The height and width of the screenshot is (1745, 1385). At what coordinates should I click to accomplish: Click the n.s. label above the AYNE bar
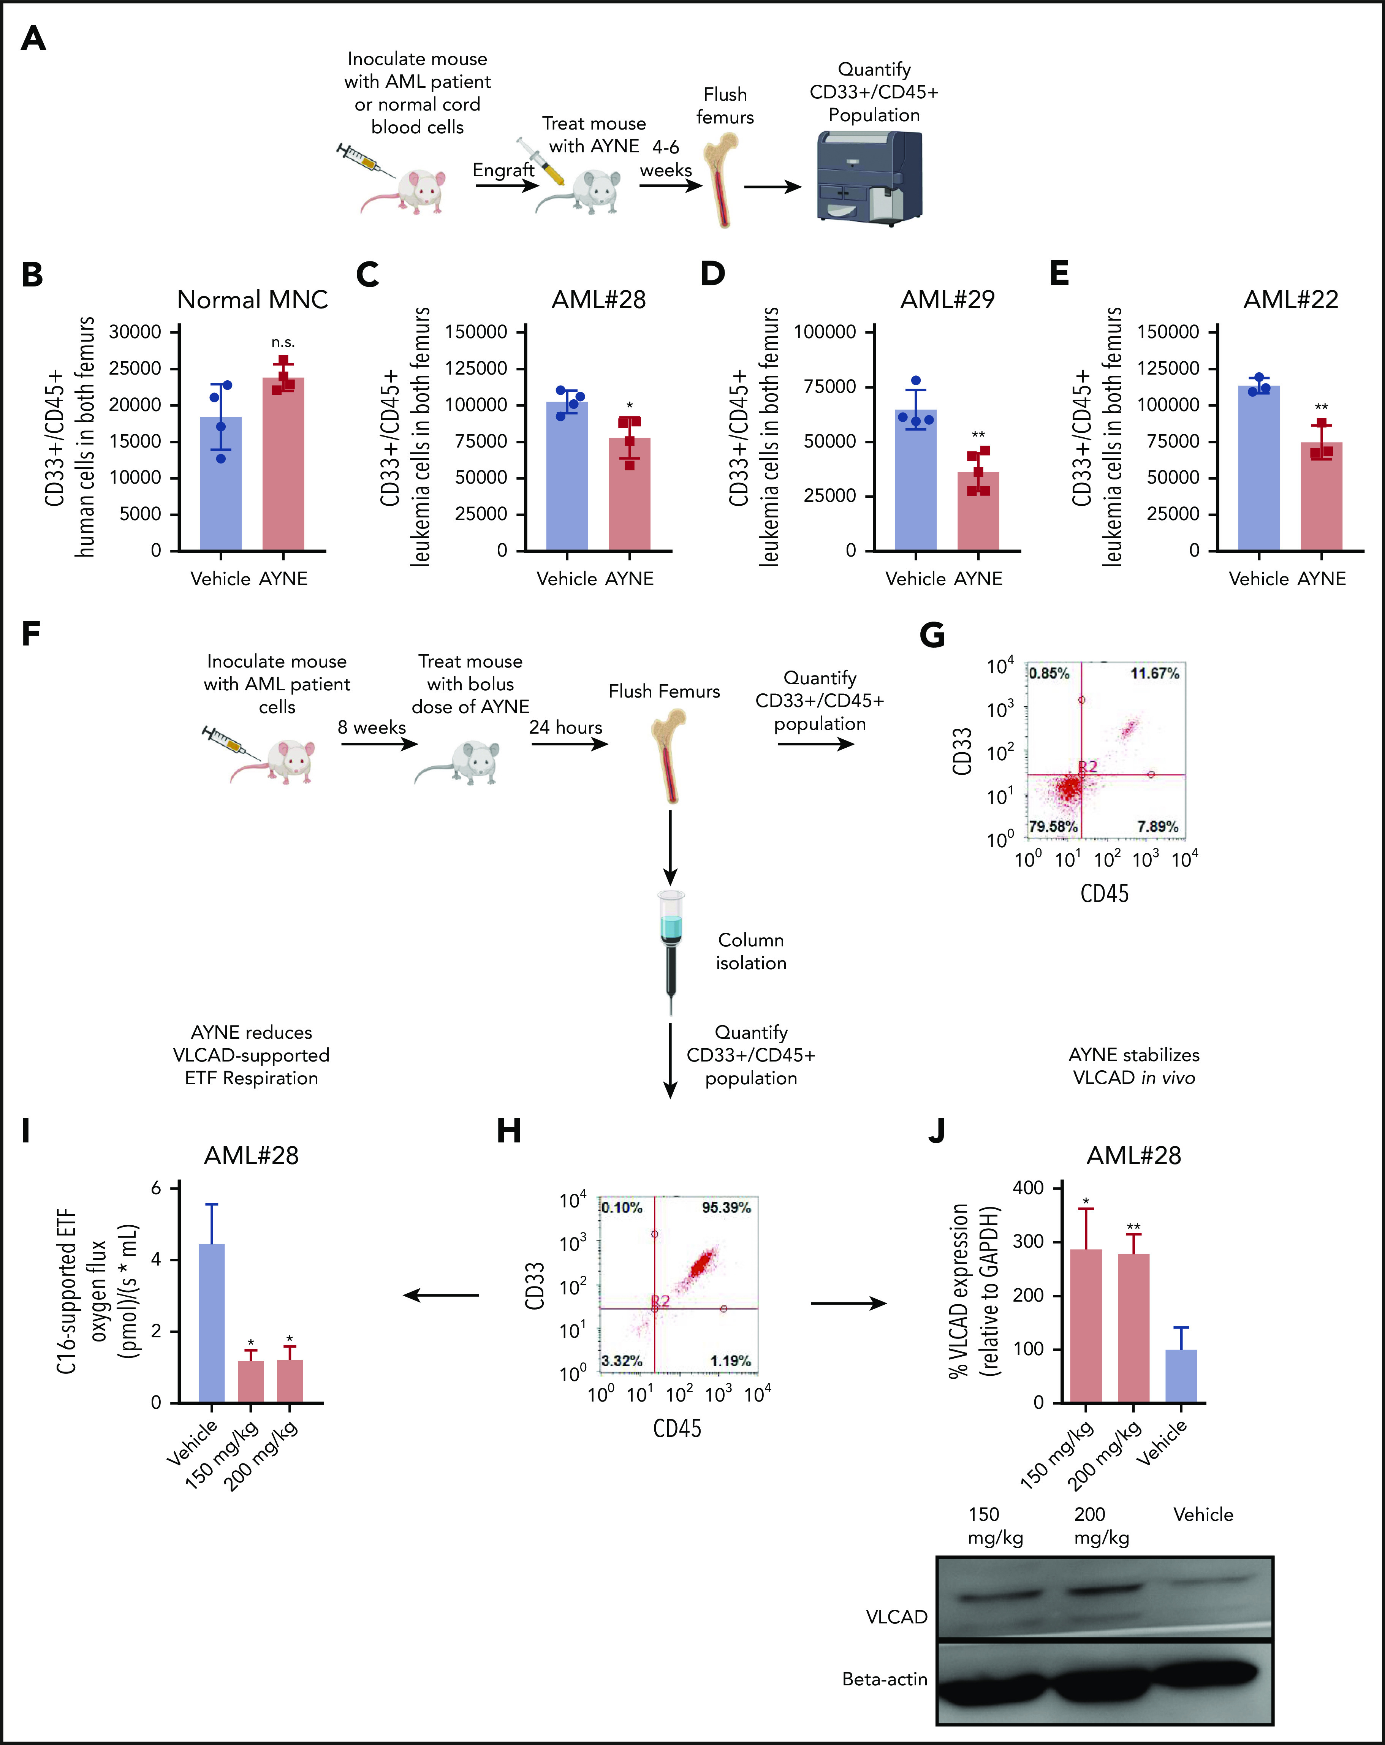click(282, 342)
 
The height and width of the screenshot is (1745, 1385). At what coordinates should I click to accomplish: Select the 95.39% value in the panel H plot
click(726, 1207)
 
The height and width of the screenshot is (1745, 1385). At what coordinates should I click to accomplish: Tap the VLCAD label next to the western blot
click(896, 1617)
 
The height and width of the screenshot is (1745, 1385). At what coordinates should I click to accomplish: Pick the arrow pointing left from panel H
click(441, 1295)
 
